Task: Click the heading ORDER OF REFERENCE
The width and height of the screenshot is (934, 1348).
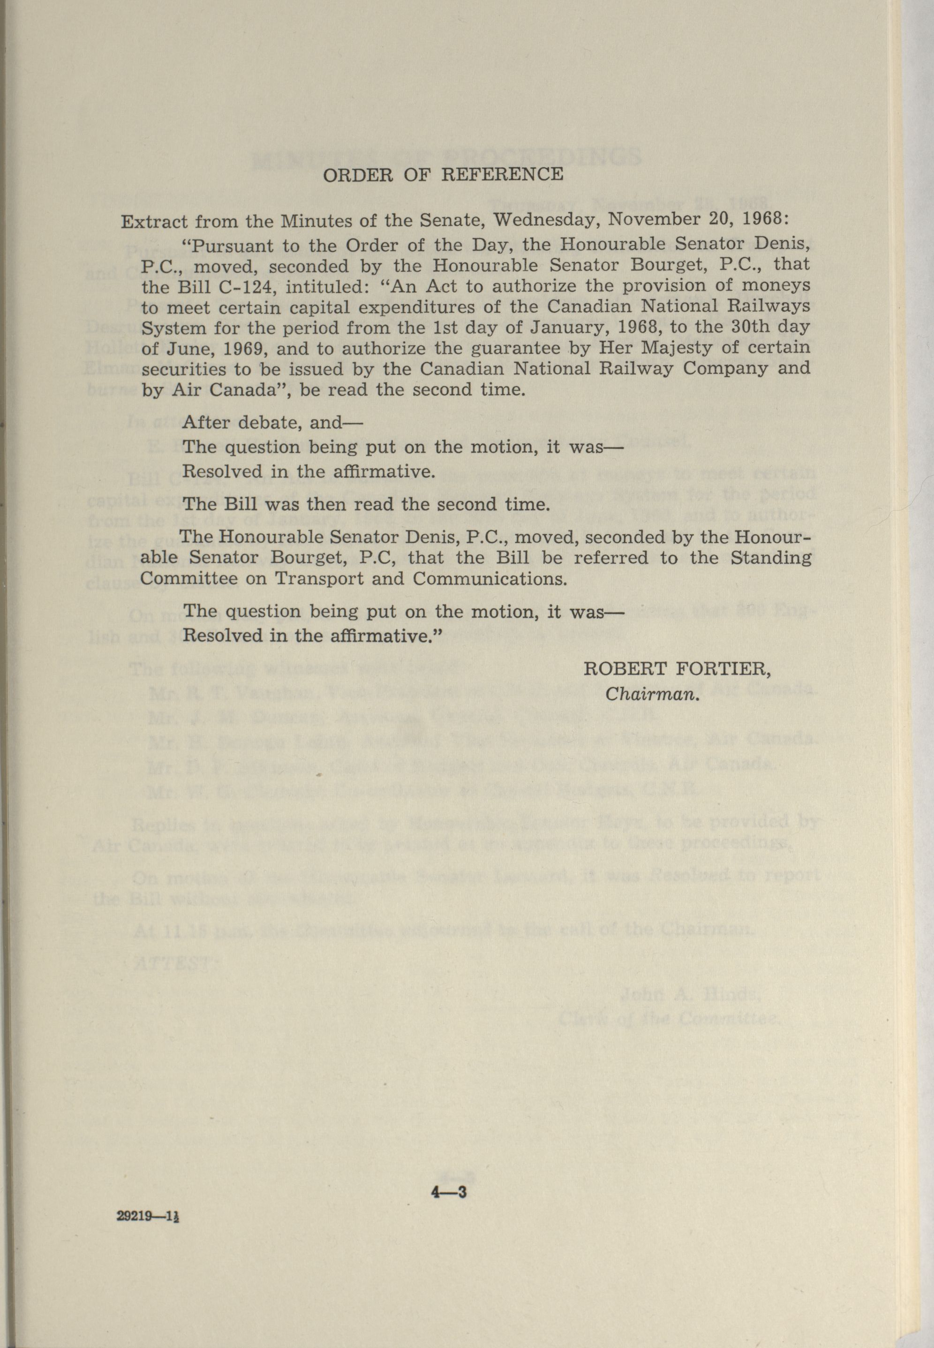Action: tap(443, 175)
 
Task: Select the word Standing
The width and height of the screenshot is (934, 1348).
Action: tap(771, 557)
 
